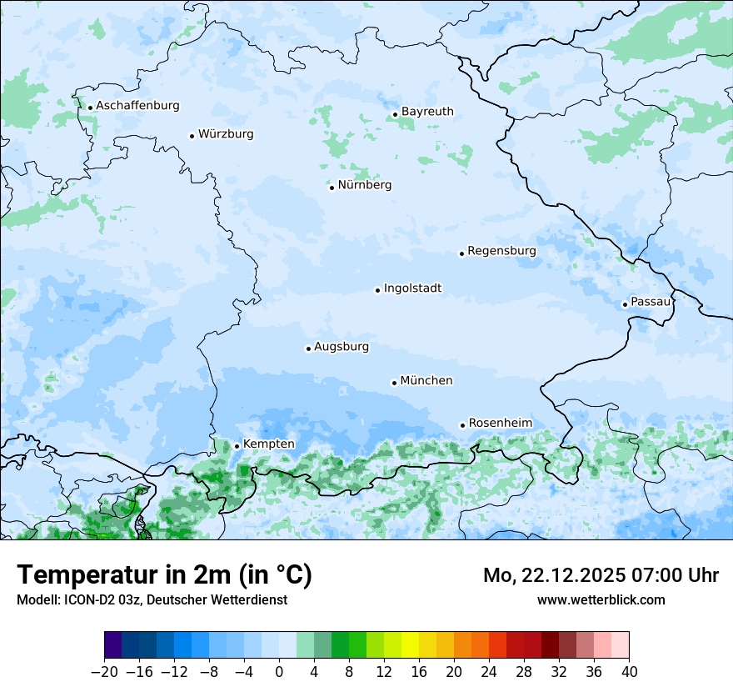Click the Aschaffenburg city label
[137, 106]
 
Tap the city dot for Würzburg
[192, 136]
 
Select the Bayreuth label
[427, 112]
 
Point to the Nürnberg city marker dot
[332, 188]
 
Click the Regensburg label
[501, 251]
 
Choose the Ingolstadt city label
[412, 288]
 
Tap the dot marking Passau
[625, 304]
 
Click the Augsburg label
[341, 347]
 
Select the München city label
[426, 381]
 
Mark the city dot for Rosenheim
[462, 425]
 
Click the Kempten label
[268, 444]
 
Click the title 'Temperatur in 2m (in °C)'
[164, 574]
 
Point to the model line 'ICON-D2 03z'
[152, 600]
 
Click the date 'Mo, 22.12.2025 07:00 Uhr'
[601, 575]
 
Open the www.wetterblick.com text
[601, 599]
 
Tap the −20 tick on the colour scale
[104, 672]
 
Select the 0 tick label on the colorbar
[279, 672]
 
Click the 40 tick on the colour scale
[629, 672]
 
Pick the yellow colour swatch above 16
[410, 645]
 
